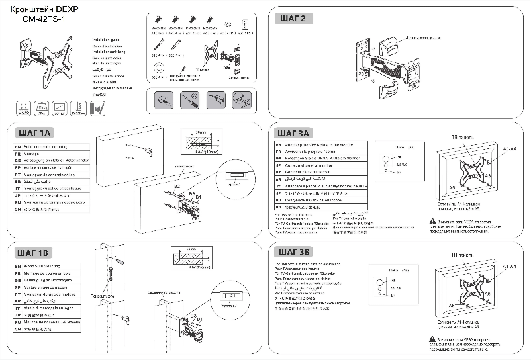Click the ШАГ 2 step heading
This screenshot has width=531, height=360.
pos(293,19)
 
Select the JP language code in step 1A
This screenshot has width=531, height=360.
pos(18,196)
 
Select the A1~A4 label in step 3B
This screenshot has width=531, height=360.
pos(510,266)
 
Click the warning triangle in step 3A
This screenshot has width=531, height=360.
pos(432,220)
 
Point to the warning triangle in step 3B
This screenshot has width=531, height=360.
pos(432,339)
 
